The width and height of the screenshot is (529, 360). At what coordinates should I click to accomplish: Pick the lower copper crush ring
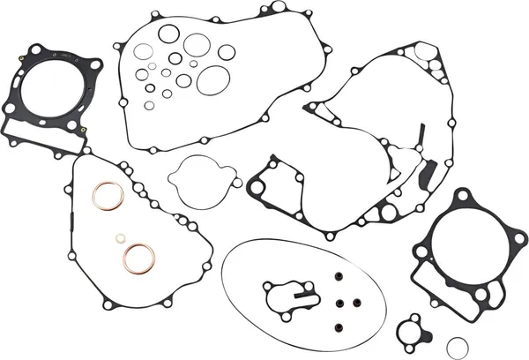138,259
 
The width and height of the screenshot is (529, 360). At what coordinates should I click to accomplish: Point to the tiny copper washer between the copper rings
119,238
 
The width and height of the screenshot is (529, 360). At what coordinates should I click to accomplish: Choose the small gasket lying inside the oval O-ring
286,296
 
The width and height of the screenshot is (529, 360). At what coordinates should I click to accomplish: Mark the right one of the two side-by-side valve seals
359,303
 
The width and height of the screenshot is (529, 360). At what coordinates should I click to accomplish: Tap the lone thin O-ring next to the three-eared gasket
456,344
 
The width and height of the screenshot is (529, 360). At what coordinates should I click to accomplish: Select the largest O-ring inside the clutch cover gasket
212,81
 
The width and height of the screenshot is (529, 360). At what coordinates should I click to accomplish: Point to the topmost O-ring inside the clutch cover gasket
168,34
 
